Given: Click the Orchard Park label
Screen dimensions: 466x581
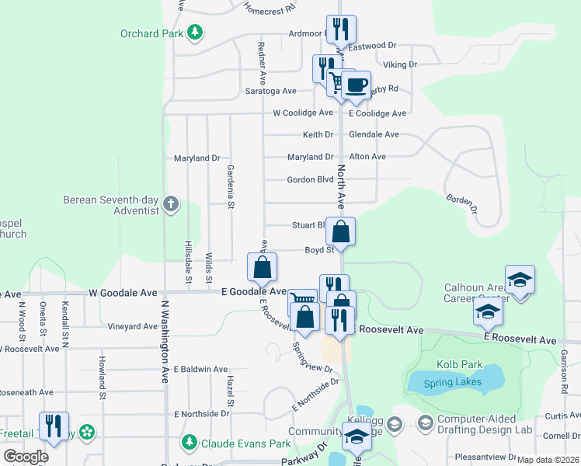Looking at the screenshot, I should tap(151, 33).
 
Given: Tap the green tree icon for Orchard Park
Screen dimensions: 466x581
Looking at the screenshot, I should tap(195, 33).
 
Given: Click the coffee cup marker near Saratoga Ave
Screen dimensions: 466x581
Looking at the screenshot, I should tap(357, 84).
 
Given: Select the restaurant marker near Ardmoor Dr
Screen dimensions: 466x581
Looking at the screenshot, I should tap(341, 29).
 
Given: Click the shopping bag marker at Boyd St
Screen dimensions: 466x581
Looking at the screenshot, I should tap(341, 231).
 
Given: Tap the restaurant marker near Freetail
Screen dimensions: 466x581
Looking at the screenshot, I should tap(54, 425).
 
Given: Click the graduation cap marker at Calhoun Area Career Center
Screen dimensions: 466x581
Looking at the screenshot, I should tap(520, 279).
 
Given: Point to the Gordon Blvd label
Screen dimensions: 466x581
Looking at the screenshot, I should tap(310, 179).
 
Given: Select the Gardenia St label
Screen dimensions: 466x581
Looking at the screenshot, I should tap(231, 186).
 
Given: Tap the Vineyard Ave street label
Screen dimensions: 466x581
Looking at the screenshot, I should tap(133, 327).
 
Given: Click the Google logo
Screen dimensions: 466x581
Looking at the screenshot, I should tap(26, 457).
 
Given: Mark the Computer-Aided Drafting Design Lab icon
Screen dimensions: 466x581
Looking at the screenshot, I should tap(425, 423).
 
